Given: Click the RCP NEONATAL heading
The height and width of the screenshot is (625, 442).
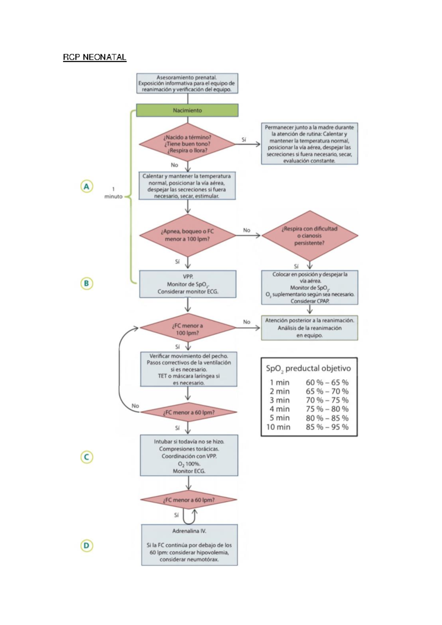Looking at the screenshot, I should [95, 57].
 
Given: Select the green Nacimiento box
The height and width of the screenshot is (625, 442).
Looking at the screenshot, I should [187, 110].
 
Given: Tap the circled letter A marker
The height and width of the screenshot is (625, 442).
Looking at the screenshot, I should [87, 186].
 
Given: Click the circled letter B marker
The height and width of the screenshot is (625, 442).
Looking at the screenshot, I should [87, 283].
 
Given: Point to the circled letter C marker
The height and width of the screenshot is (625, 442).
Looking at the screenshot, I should [87, 457].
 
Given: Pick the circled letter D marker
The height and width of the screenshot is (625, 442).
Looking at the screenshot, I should [87, 545].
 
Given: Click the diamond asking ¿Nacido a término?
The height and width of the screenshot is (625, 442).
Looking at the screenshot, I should [187, 144].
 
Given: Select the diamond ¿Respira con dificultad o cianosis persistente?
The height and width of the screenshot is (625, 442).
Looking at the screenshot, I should [309, 235].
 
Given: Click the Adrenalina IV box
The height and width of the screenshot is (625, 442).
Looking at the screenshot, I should [189, 545].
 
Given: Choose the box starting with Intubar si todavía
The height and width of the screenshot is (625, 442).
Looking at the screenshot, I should [189, 455].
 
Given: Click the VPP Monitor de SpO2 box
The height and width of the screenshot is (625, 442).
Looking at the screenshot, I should [188, 284].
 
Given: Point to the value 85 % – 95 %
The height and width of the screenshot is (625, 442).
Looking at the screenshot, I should [327, 427].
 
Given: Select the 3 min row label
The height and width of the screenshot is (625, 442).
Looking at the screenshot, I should [279, 400].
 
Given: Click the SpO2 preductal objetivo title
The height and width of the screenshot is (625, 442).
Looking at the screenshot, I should [308, 368].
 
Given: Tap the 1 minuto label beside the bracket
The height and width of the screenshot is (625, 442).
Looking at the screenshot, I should [113, 193].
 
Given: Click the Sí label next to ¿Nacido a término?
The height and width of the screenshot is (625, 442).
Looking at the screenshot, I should [243, 140].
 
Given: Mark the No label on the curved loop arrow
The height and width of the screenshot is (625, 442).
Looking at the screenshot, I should [135, 406].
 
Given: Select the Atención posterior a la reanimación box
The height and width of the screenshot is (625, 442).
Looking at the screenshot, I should [309, 328].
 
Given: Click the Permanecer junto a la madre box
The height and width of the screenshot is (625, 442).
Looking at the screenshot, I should [309, 144].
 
